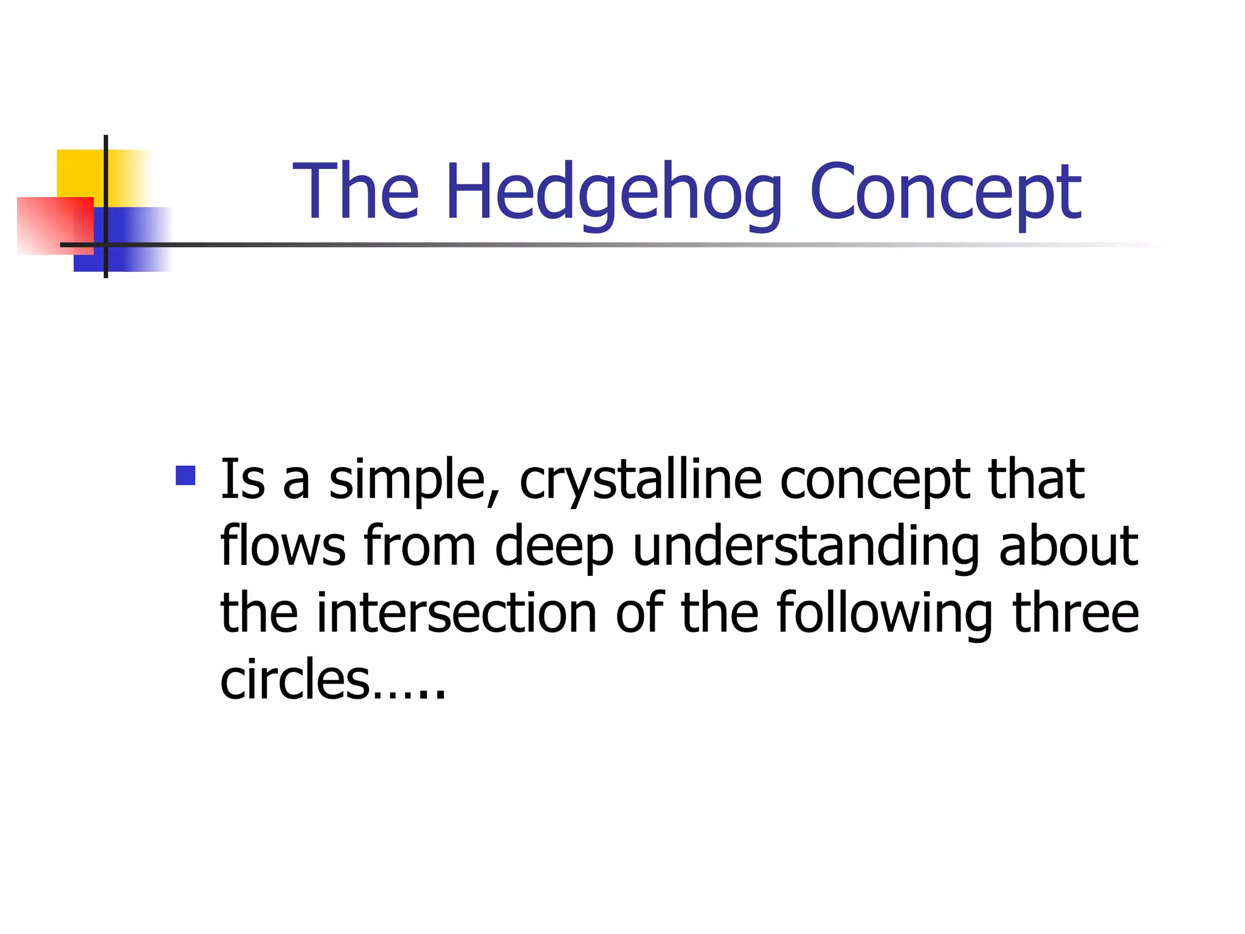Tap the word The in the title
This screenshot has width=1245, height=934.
click(x=356, y=191)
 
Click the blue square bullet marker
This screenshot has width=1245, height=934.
click(x=185, y=475)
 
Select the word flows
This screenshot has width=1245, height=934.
click(x=283, y=545)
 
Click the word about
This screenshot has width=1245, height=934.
click(x=1068, y=545)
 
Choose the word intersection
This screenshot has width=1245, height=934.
click(x=457, y=612)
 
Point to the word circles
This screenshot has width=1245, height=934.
click(x=295, y=679)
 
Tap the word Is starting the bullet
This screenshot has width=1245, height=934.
click(x=243, y=480)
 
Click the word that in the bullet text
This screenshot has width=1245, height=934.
click(x=1036, y=480)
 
